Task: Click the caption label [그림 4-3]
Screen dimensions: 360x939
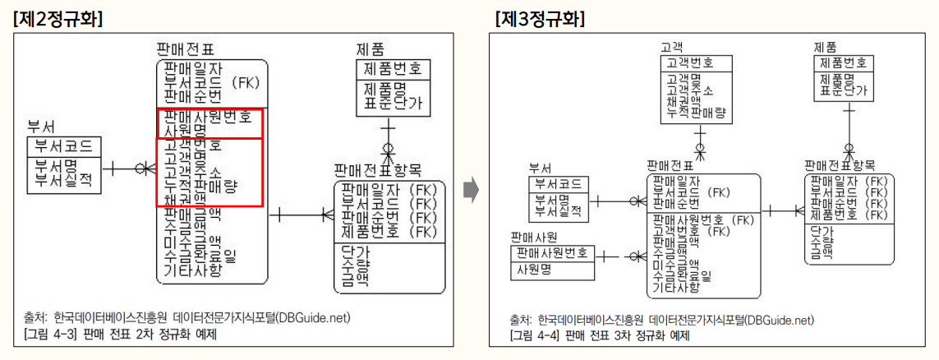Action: pos(50,335)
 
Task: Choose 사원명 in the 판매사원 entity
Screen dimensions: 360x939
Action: pos(533,269)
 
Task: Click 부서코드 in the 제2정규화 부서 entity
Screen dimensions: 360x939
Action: pos(64,146)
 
